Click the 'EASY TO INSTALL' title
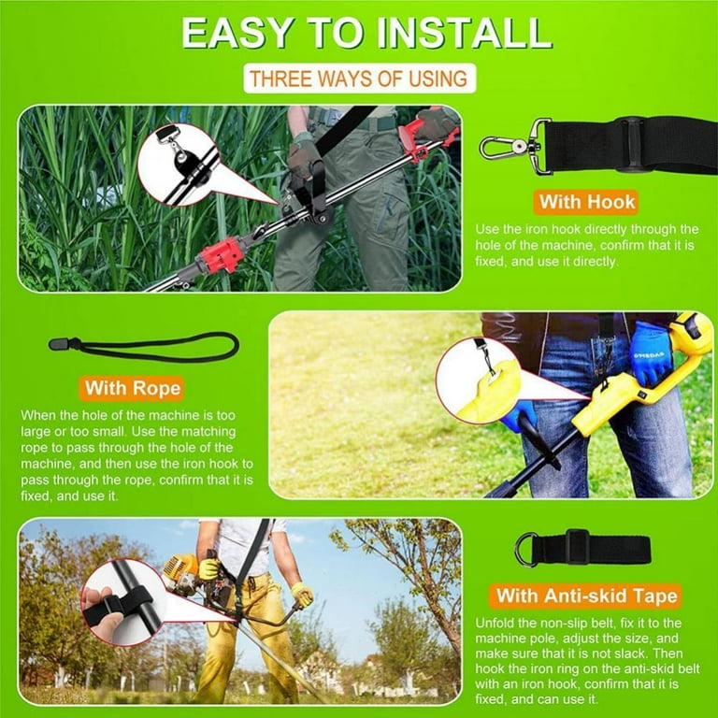(366, 33)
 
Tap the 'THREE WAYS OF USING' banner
(360, 79)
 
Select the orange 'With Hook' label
(586, 201)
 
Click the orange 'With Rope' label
(132, 387)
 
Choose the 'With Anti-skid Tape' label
(587, 596)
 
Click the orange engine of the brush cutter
(183, 571)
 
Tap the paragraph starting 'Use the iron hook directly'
(586, 245)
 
